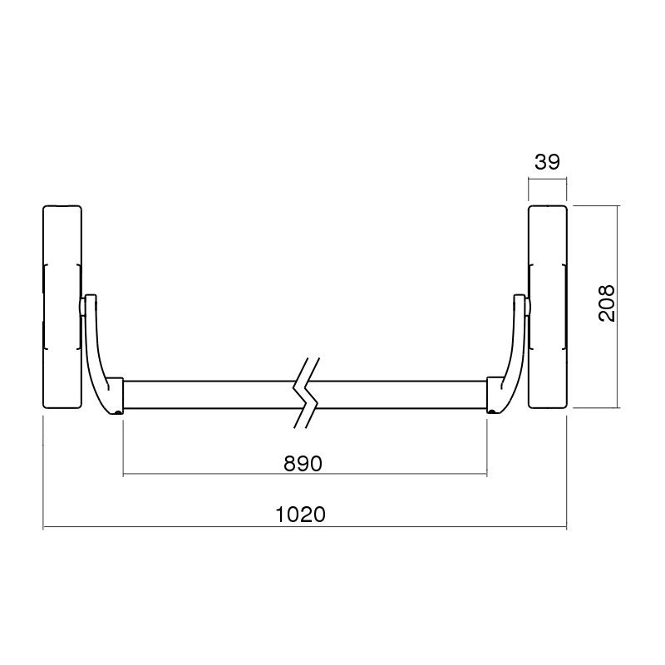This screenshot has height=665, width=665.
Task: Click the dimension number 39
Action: (546, 161)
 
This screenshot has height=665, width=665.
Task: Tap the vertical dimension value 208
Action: (607, 305)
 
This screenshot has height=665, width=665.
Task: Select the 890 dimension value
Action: (303, 464)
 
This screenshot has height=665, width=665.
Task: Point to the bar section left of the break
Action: (208, 396)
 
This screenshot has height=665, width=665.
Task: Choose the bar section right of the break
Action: (399, 396)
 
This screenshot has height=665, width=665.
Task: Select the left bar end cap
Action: (116, 394)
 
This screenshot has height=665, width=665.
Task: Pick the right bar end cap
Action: (495, 394)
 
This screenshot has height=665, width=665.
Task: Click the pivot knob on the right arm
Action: (527, 307)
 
